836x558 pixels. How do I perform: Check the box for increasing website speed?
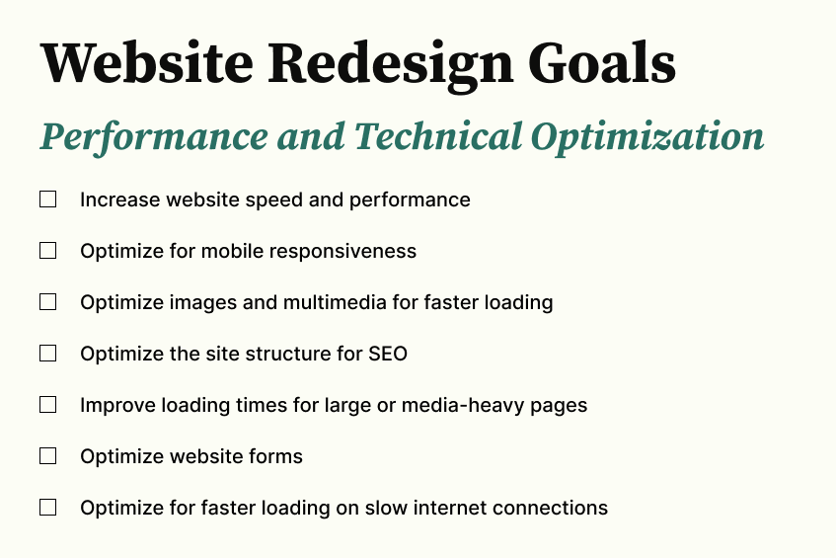pos(47,199)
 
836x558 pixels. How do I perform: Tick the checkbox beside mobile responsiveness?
pos(47,251)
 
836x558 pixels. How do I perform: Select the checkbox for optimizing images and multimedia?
pos(47,302)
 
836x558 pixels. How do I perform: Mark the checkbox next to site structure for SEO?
pos(47,354)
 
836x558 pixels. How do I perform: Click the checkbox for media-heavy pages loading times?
pos(47,405)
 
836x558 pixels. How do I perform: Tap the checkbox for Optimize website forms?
pos(47,456)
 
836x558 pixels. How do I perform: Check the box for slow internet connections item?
pos(47,508)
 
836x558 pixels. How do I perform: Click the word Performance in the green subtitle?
pos(154,137)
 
